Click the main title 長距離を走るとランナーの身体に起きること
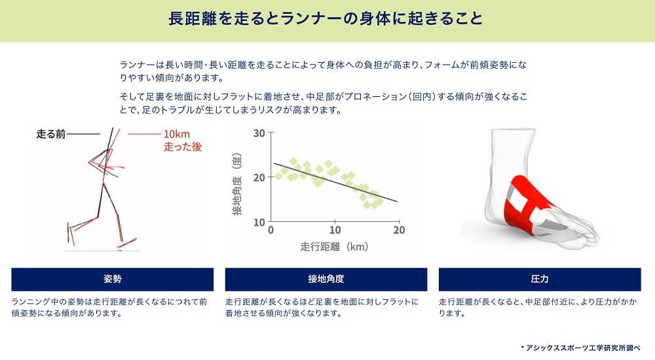point(326,19)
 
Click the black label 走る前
point(51,134)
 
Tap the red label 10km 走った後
point(183,140)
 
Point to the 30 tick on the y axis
point(259,134)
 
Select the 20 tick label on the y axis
point(259,177)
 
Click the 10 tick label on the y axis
point(259,222)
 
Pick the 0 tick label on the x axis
point(271,230)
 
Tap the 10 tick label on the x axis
point(335,230)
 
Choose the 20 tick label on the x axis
point(399,230)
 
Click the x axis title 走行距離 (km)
point(334,247)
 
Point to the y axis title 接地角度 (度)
point(237,184)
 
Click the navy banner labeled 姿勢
point(113,279)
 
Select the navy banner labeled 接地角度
point(326,279)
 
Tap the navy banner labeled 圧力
point(540,279)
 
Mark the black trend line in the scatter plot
point(335,183)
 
